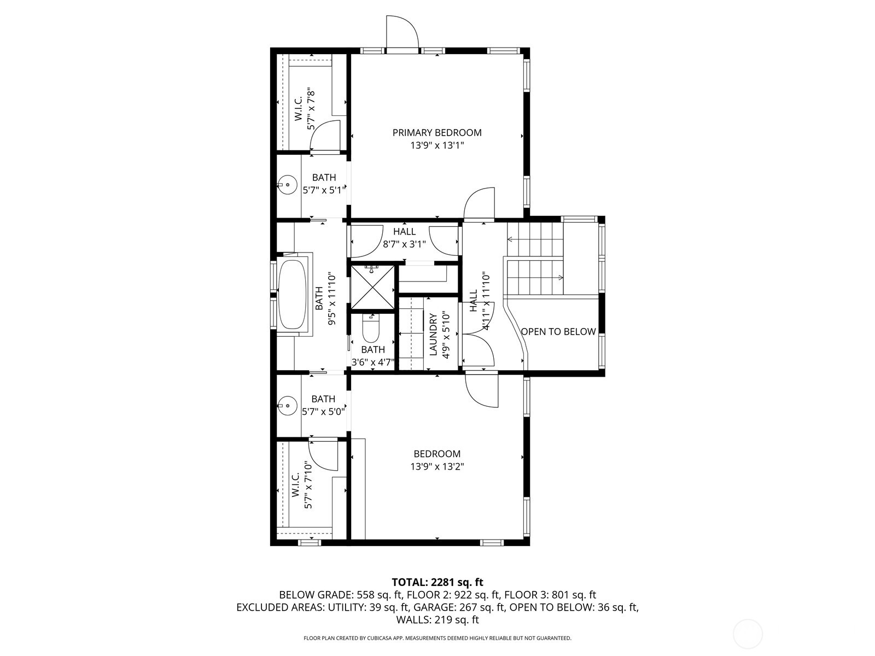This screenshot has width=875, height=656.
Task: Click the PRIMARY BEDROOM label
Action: pyautogui.click(x=437, y=133)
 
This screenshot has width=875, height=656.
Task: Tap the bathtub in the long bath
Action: pyautogui.click(x=292, y=294)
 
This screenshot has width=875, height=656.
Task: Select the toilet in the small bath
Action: pyautogui.click(x=371, y=329)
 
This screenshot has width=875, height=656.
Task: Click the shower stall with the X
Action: pyautogui.click(x=372, y=287)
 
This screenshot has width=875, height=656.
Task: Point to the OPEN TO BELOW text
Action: pyautogui.click(x=558, y=332)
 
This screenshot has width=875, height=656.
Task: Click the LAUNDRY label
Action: pyautogui.click(x=434, y=335)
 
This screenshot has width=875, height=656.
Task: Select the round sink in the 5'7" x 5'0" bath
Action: pyautogui.click(x=287, y=406)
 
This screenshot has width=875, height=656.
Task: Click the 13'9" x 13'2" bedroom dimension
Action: pyautogui.click(x=437, y=466)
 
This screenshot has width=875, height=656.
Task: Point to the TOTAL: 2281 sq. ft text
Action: pyautogui.click(x=437, y=582)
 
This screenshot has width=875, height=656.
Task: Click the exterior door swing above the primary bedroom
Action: pyautogui.click(x=402, y=32)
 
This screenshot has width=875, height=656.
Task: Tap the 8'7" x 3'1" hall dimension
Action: pyautogui.click(x=404, y=244)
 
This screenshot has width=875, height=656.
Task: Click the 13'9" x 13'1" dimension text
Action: pyautogui.click(x=437, y=145)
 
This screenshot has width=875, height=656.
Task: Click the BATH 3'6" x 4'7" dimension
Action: pyautogui.click(x=373, y=362)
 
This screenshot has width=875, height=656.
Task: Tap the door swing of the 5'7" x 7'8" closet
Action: pyautogui.click(x=325, y=136)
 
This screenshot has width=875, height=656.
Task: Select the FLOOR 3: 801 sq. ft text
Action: pyautogui.click(x=550, y=595)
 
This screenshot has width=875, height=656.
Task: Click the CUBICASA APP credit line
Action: pyautogui.click(x=437, y=638)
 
